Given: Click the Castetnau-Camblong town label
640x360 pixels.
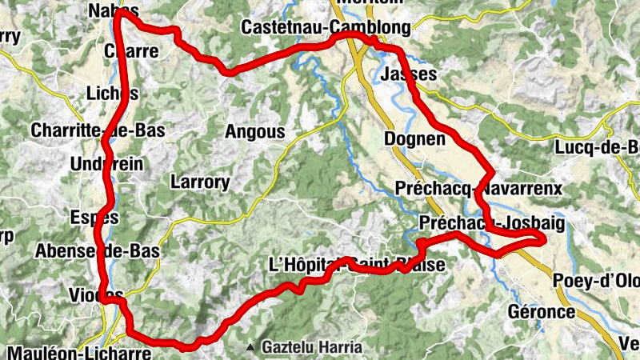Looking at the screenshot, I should (x=326, y=28).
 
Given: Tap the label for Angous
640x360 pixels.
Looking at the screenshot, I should (x=254, y=131).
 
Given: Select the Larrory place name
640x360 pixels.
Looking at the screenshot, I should (x=200, y=182).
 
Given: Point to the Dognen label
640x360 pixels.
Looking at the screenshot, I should (x=414, y=138).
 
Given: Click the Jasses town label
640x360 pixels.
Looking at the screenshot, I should (x=410, y=74).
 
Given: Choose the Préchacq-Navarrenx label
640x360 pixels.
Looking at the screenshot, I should (x=478, y=188).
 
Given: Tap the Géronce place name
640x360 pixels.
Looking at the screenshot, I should (x=542, y=311).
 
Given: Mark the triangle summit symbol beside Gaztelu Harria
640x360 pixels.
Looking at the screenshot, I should (x=250, y=348).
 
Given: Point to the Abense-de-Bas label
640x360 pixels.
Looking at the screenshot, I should (x=97, y=250).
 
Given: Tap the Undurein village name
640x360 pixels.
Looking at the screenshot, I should (x=106, y=163).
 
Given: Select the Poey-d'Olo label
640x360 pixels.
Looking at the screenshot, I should (x=595, y=281).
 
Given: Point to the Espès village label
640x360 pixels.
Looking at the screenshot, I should (x=94, y=217).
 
